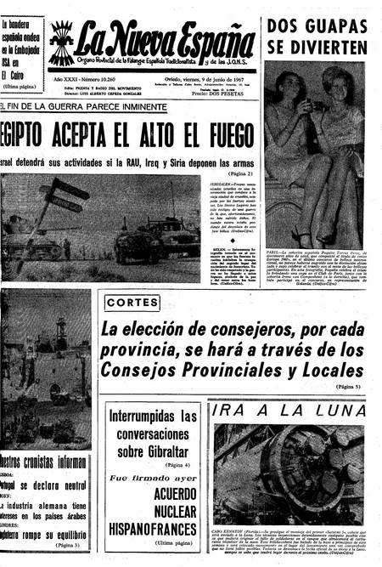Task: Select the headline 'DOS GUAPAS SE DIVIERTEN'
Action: click(x=317, y=36)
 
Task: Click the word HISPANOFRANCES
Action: click(x=152, y=527)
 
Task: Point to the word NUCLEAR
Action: click(x=153, y=510)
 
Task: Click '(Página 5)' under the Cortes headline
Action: click(x=348, y=387)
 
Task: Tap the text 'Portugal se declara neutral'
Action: click(x=42, y=485)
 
